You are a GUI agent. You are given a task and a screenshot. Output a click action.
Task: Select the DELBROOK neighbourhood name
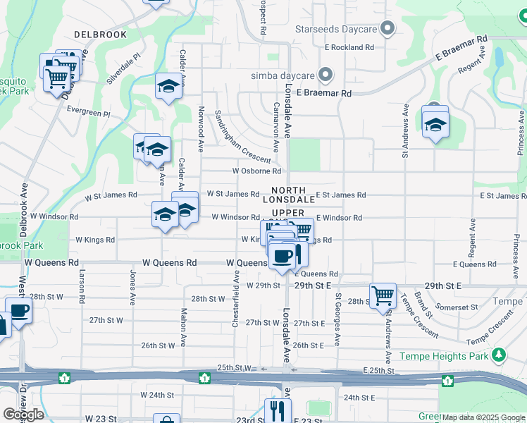pyautogui.click(x=100, y=34)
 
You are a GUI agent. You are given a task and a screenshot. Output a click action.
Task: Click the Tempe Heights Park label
pyautogui.click(x=444, y=356)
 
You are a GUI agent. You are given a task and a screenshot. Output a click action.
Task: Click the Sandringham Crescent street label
pyautogui.click(x=242, y=135)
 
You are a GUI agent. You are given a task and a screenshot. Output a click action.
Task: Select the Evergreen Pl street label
pyautogui.click(x=89, y=111)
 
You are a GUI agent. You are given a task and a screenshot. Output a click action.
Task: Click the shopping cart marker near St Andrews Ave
pyautogui.click(x=383, y=295)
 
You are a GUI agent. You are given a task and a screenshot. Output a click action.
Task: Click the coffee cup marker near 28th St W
pyautogui.click(x=18, y=310)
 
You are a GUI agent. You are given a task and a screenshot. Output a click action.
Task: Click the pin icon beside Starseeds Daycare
pyautogui.click(x=387, y=30)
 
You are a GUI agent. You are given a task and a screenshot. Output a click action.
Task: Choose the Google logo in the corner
pyautogui.click(x=23, y=415)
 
